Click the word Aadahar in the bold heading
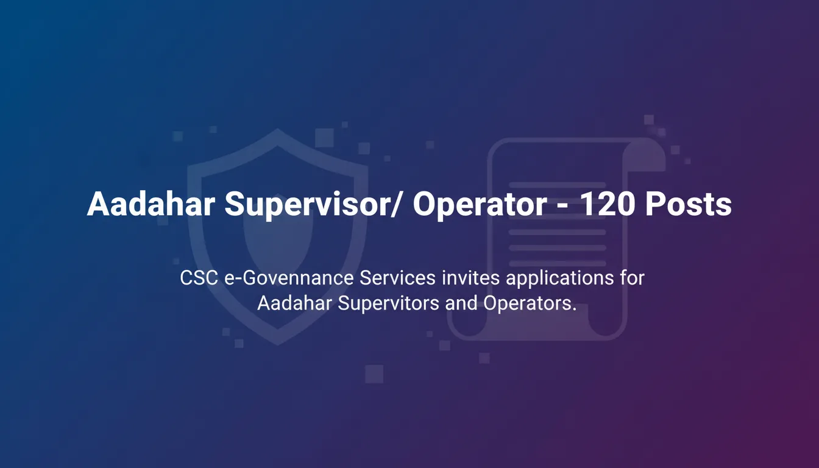151,204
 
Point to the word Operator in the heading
480,205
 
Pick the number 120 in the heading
608,204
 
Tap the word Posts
689,204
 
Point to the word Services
398,278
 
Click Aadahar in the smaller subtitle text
294,303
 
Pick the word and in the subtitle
461,303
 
